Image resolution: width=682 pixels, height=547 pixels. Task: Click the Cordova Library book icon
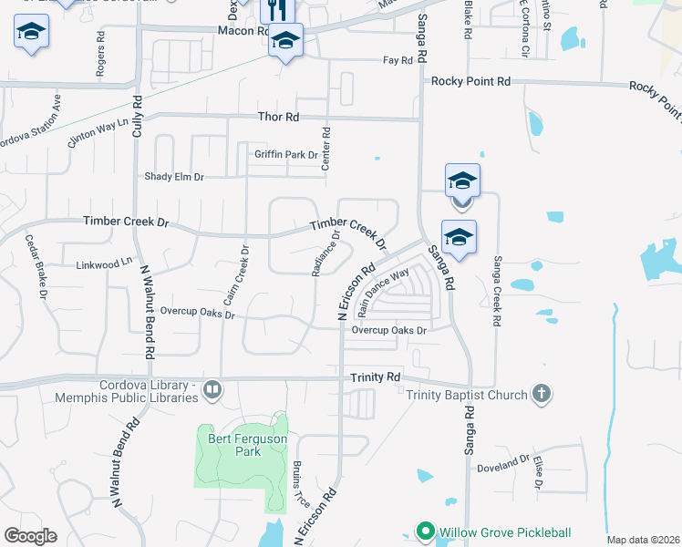pos(212,390)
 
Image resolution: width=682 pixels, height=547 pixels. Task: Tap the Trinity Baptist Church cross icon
pos(541,394)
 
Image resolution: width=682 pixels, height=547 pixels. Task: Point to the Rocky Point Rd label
pos(470,81)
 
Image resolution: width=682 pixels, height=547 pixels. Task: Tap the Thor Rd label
pos(279,118)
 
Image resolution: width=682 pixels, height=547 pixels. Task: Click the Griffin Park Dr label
pos(286,155)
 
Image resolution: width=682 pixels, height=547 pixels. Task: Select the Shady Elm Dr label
pos(175,177)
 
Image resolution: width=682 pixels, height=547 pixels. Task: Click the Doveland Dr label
pos(503,468)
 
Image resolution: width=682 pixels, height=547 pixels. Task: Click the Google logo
pos(30,536)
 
